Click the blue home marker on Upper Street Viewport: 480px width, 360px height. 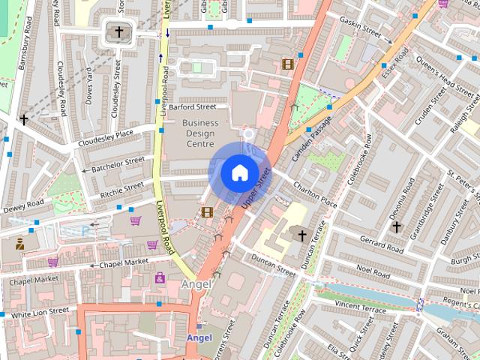point(238,172)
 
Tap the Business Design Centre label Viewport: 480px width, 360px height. point(200,133)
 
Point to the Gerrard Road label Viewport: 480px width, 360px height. point(382,244)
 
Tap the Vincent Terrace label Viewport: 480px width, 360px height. point(360,307)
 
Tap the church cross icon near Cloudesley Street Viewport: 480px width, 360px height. point(119,31)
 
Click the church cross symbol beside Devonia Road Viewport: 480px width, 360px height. point(396,226)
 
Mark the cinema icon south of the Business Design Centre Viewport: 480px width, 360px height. point(207,212)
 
